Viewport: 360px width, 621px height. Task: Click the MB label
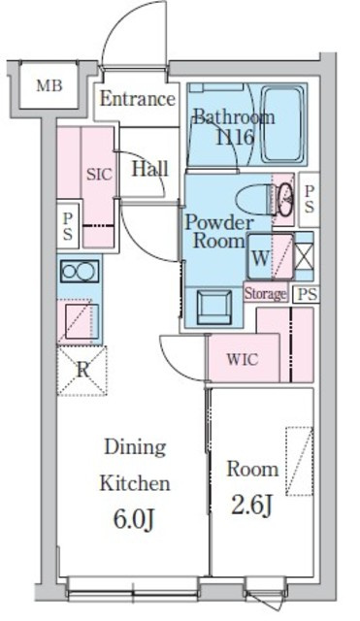(49, 85)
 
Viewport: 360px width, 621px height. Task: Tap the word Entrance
(138, 99)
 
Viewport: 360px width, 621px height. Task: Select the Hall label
(149, 169)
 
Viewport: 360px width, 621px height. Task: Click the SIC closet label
(99, 175)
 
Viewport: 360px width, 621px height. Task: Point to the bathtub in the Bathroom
(283, 125)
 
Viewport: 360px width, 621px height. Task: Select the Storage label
(265, 294)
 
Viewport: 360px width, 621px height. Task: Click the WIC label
(243, 359)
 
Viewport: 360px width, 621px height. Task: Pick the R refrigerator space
(82, 371)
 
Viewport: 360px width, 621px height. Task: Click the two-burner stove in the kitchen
(80, 272)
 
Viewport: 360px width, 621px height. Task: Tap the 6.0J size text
(134, 520)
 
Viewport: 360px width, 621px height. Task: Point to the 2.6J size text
(251, 506)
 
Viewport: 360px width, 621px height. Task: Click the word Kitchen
(135, 483)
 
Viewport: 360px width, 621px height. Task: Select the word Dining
(135, 448)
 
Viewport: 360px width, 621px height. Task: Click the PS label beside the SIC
(68, 226)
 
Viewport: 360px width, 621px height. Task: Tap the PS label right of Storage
(308, 295)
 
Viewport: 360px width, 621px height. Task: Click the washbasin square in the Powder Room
(214, 308)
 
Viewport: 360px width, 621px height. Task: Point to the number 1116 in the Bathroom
(235, 138)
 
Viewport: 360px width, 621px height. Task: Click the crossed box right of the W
(305, 256)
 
